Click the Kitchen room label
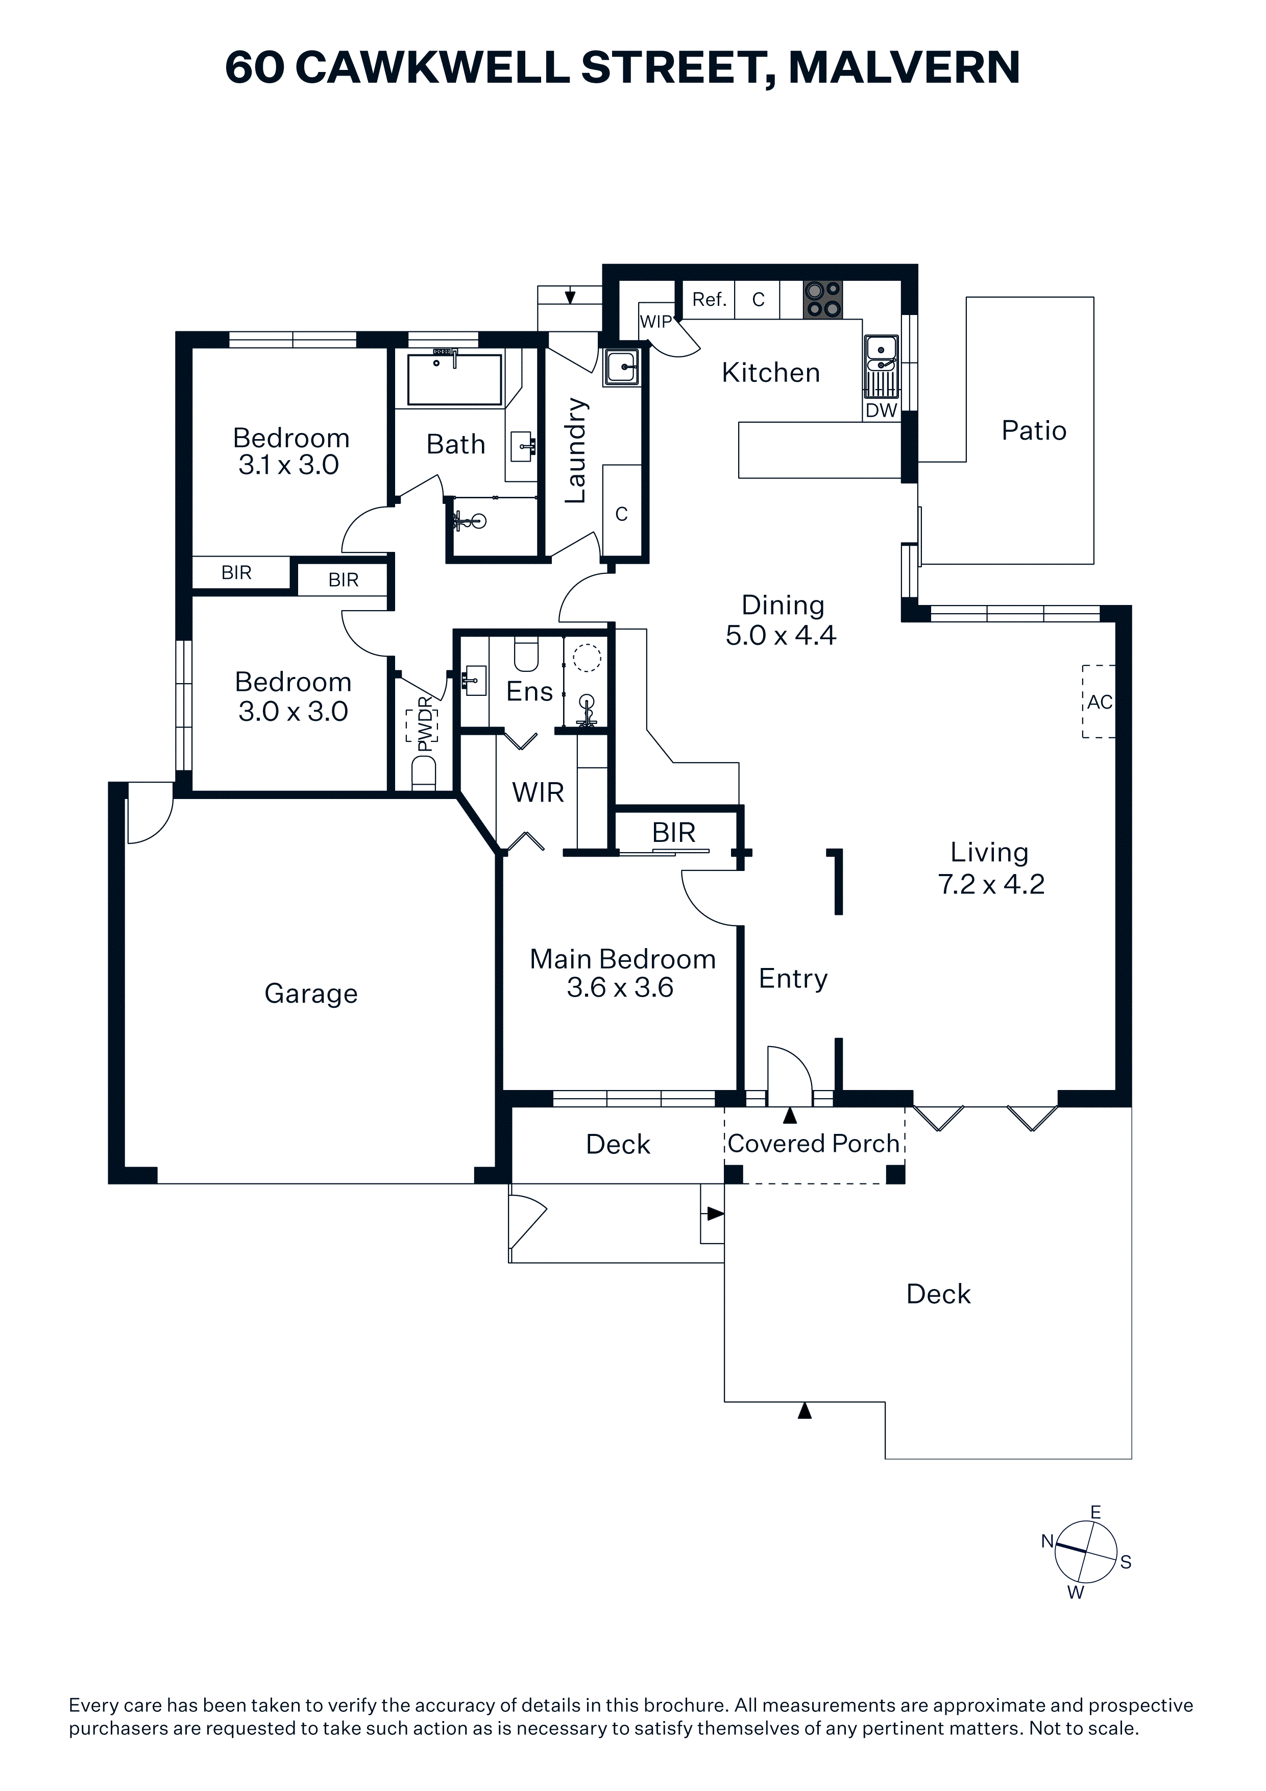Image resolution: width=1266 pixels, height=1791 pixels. pyautogui.click(x=771, y=373)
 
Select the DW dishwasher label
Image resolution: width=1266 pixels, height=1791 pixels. pyautogui.click(x=882, y=410)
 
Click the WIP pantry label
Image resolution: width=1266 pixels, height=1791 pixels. pyautogui.click(x=656, y=321)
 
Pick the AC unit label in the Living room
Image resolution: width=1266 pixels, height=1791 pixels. pyautogui.click(x=1100, y=702)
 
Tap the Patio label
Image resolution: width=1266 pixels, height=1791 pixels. pyautogui.click(x=1034, y=430)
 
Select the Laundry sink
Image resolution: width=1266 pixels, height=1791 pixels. pyautogui.click(x=622, y=367)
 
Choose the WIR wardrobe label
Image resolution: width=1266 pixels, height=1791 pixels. pyautogui.click(x=538, y=792)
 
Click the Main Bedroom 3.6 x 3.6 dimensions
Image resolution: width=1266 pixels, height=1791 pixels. pyautogui.click(x=620, y=987)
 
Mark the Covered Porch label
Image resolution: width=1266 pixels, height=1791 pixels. pyautogui.click(x=814, y=1144)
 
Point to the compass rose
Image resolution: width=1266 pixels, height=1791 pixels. pyautogui.click(x=1086, y=1552)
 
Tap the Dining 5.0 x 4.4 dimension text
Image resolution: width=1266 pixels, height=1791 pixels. pyautogui.click(x=781, y=636)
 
